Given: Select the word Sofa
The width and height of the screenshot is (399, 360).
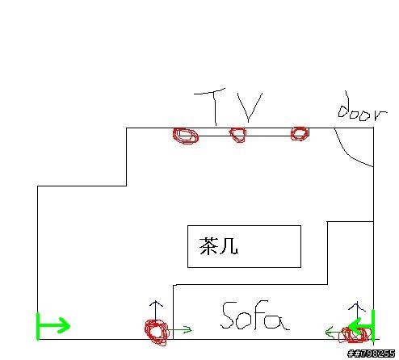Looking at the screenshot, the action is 254,316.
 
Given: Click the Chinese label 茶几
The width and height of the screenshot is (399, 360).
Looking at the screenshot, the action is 219,246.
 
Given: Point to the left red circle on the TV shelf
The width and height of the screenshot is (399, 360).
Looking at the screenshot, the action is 186,136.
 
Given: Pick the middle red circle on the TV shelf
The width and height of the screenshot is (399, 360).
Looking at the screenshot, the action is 238,135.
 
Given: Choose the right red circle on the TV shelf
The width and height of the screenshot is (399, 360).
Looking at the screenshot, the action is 300,133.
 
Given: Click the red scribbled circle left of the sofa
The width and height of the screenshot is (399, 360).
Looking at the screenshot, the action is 156,332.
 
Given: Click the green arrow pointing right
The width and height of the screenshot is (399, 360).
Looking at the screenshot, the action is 53,326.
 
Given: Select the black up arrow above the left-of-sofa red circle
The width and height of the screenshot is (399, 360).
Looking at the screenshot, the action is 156,312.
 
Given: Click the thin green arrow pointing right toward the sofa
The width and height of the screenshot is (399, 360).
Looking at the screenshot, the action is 180,329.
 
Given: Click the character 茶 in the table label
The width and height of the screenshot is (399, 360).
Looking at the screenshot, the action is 208,246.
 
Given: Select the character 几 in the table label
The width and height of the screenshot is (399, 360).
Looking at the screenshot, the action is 229,246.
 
